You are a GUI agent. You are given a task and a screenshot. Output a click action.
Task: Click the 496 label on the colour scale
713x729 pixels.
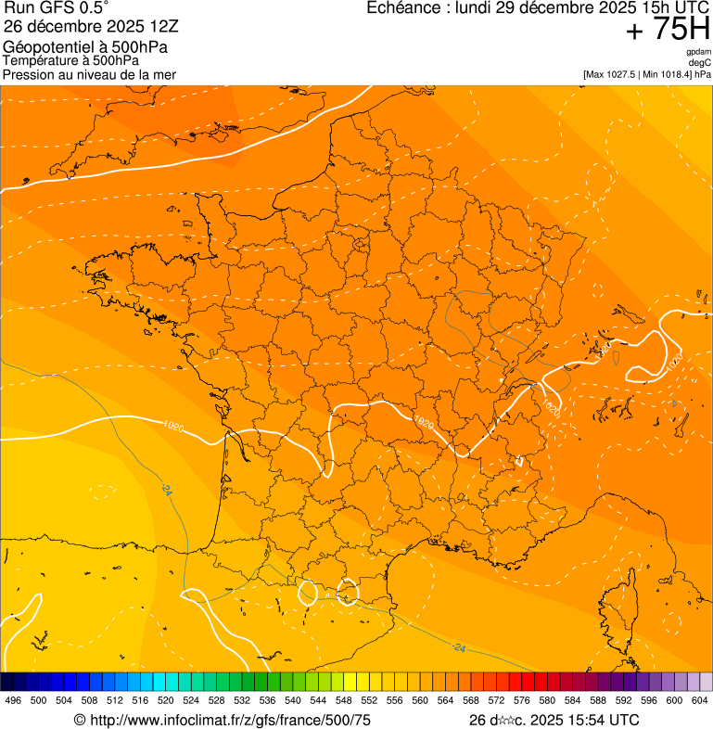coord(13,701)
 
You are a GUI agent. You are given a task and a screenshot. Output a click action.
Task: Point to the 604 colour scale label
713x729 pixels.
coord(700,701)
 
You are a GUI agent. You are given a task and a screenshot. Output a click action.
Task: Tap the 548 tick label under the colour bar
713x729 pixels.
coord(344,701)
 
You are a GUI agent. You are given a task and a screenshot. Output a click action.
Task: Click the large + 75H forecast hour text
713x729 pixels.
coord(668,30)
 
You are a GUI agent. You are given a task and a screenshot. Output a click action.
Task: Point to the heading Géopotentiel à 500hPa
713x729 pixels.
coord(85,47)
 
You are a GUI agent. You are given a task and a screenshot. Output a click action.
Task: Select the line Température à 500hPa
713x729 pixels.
coord(70,60)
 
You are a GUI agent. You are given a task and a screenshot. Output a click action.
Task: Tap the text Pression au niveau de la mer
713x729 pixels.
coord(89,74)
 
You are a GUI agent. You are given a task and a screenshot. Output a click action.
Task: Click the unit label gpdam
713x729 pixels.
coord(699,51)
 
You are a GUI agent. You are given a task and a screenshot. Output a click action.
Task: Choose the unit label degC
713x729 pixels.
coord(701,62)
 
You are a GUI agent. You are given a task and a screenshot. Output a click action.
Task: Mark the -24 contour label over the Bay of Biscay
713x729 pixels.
coord(166,489)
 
